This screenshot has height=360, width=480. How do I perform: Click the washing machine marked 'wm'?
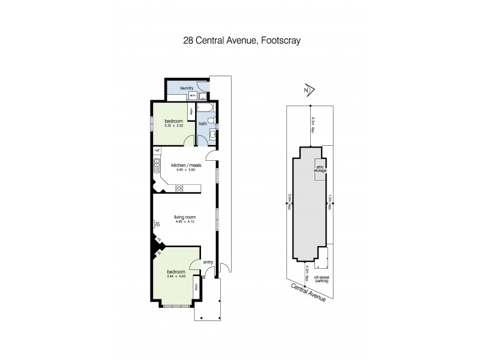point(193,95)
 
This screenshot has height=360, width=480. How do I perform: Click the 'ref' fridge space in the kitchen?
point(157,150)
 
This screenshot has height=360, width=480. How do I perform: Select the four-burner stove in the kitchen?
point(178,188)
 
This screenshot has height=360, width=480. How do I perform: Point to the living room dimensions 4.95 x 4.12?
point(186,221)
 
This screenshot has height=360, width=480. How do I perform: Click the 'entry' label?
point(208,262)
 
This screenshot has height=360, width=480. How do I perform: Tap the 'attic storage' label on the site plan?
point(320,169)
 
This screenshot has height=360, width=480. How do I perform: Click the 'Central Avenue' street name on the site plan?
point(307,293)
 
